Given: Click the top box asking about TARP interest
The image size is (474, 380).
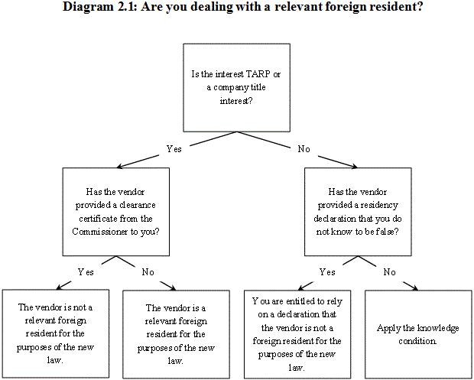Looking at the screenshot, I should coord(237,87).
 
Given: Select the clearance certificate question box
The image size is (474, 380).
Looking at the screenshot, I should coord(117,211).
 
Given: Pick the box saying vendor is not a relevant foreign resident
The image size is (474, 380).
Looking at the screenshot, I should coord(56,333).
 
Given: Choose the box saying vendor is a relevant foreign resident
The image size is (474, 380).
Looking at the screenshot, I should coord(177,333).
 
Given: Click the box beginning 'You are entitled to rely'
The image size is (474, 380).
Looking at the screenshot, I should coord(297,333).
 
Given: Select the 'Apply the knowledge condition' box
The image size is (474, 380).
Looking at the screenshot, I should coord(417,333).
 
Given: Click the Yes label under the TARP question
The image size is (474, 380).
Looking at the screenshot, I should coord(174,149).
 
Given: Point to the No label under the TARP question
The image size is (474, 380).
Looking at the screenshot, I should coord(304,149).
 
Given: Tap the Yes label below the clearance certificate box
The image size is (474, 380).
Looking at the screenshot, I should coord(86,271).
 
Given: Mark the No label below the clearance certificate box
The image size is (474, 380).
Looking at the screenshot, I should coord(148,271).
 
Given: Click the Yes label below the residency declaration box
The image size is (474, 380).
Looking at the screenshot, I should coord(327,271).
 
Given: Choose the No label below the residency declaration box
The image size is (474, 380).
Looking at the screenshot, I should coord(389,271).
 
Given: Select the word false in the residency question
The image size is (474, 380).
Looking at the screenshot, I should coord(385,230).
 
